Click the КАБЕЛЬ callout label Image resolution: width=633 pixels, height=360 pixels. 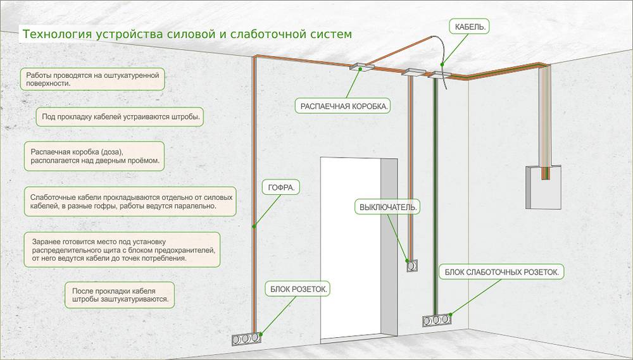[470, 27]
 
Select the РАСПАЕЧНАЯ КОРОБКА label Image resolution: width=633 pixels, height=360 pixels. [344, 106]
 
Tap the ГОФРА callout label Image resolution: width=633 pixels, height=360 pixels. [281, 187]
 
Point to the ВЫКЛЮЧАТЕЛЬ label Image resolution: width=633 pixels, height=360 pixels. [387, 207]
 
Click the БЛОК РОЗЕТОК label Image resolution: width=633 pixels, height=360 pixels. [298, 289]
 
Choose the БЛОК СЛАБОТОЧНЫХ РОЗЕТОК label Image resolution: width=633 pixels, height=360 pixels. [501, 272]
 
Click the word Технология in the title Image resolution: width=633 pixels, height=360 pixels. [58, 34]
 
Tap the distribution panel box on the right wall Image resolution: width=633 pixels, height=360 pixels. [543, 187]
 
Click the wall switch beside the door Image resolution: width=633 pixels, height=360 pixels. [412, 266]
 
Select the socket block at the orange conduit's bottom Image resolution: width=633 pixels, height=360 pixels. [246, 338]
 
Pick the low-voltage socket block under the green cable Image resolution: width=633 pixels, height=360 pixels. [437, 320]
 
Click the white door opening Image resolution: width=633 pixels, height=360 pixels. [351, 248]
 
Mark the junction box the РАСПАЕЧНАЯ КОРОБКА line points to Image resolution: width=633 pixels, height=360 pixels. [361, 66]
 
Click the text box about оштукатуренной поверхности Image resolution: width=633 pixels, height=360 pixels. [92, 79]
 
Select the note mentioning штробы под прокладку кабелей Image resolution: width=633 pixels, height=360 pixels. [120, 117]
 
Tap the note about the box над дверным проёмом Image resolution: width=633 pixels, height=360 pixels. [94, 156]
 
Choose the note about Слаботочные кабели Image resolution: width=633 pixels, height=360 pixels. [130, 201]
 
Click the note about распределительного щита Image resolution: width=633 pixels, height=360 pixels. [122, 250]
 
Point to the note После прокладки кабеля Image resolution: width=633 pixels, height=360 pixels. [120, 295]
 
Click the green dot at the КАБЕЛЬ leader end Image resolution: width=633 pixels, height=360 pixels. [442, 64]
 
